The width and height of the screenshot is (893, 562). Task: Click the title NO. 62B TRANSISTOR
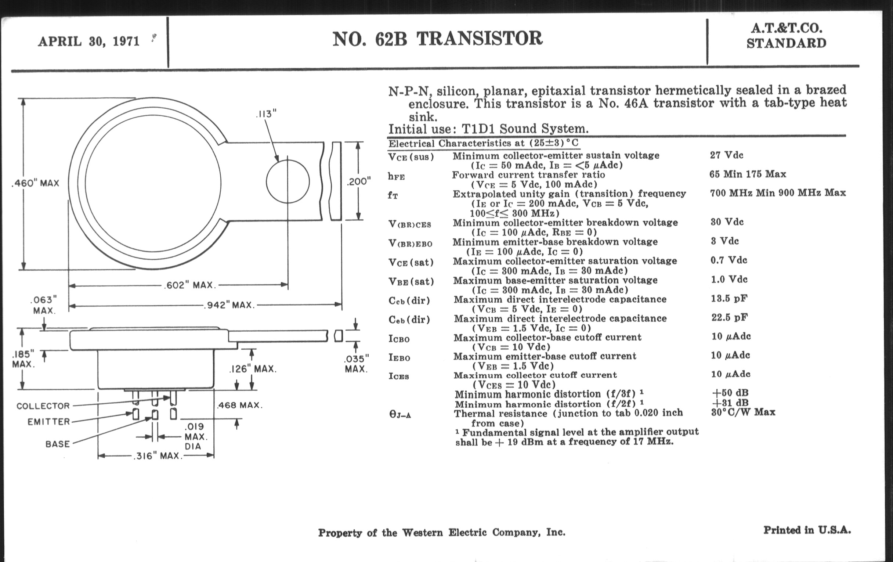point(437,39)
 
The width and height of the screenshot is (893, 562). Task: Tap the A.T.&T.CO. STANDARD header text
point(786,36)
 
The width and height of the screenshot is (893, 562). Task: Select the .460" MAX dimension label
point(36,183)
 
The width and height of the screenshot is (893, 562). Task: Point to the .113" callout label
point(266,114)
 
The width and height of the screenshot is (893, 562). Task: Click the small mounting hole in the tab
point(288,181)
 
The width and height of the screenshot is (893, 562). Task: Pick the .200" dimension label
point(359,181)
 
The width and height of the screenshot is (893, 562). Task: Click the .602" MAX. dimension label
point(189,285)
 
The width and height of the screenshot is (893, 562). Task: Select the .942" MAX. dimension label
point(229,305)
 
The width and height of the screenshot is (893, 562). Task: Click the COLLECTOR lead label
point(43,406)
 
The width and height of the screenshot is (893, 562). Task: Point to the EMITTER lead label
point(48,422)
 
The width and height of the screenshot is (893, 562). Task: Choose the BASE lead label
point(58,444)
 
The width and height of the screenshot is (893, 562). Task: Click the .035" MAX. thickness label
point(357,364)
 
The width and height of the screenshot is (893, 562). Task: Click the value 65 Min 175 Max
point(748,174)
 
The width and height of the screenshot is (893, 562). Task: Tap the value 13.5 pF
point(729,298)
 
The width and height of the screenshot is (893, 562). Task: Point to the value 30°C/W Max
point(743,412)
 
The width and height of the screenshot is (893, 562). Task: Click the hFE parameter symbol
point(397,177)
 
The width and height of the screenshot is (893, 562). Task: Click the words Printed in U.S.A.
point(807,530)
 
